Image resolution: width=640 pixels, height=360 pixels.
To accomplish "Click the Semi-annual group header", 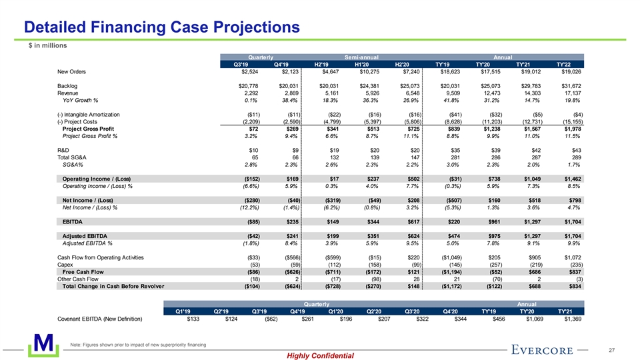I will click(362, 57).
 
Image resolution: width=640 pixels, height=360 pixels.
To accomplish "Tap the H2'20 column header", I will click(406, 64).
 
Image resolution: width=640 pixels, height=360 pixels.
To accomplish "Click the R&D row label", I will click(65, 149).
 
